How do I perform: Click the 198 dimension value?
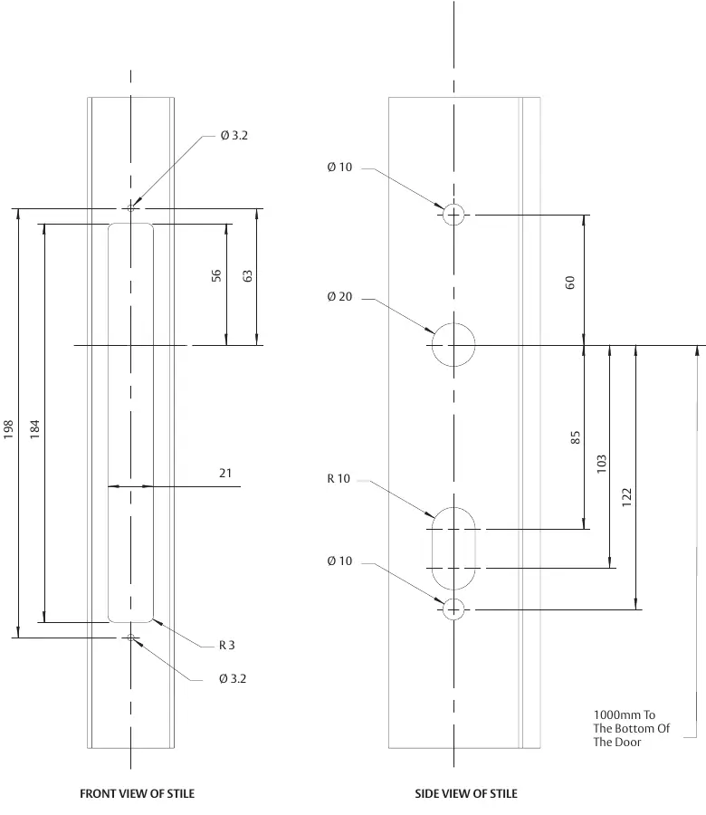[x=8, y=429]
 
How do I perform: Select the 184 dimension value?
[x=34, y=429]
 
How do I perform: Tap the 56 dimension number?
[x=216, y=275]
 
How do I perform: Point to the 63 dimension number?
[x=247, y=275]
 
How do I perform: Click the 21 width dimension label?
[x=225, y=473]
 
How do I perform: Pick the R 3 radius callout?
[x=226, y=645]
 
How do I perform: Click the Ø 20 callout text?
[x=339, y=297]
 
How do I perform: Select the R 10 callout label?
[x=339, y=479]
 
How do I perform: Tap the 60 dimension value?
[x=570, y=283]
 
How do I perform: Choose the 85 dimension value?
[x=575, y=437]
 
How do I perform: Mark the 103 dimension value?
[x=601, y=465]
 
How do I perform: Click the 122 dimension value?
[x=626, y=498]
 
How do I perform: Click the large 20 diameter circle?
[x=453, y=323]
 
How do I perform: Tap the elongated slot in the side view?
[x=433, y=549]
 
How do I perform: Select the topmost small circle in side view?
[x=453, y=205]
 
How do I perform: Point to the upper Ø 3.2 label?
[x=234, y=136]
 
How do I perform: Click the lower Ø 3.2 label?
[x=233, y=679]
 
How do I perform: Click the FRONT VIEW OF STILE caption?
[x=138, y=793]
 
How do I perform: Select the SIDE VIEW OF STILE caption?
[x=466, y=793]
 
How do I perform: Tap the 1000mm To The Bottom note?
[x=632, y=728]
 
